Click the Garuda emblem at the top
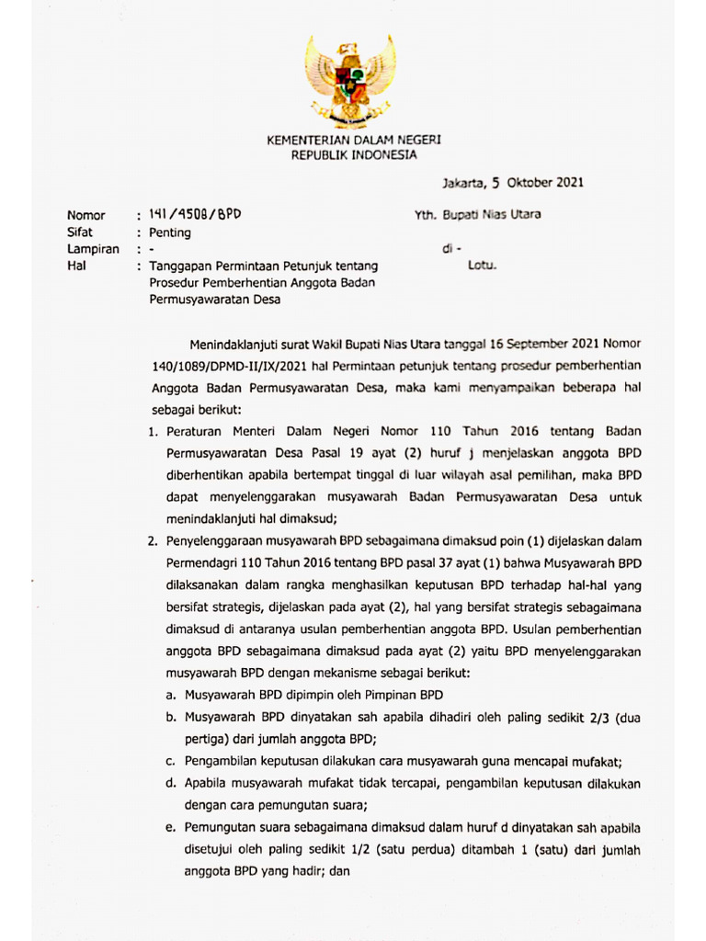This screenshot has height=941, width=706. (x=351, y=81)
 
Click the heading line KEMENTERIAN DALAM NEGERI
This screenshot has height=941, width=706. (x=354, y=140)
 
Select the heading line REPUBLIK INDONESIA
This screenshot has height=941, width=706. (x=354, y=154)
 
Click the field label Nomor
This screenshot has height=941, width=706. (x=86, y=216)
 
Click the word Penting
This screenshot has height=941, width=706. (x=170, y=232)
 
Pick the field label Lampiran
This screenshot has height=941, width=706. (x=93, y=249)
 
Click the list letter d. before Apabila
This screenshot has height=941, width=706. (x=171, y=784)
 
